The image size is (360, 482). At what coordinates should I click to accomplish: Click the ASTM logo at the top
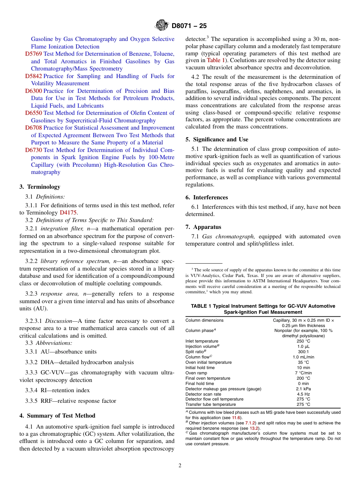(x=162, y=26)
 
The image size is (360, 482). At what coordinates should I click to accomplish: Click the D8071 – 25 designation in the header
(x=189, y=26)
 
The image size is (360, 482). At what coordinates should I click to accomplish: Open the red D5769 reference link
(x=33, y=54)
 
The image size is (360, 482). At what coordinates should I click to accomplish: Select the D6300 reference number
(x=33, y=91)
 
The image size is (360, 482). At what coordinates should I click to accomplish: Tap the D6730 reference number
(x=33, y=150)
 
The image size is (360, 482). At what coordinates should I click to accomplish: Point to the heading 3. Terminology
(x=40, y=186)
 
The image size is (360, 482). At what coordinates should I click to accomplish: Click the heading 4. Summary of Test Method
(x=57, y=416)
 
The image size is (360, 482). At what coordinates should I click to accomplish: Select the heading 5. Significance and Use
(x=217, y=139)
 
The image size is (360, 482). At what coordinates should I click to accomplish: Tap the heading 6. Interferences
(x=207, y=197)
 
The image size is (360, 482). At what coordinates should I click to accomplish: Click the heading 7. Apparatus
(x=203, y=227)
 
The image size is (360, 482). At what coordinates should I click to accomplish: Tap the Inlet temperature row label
(x=202, y=341)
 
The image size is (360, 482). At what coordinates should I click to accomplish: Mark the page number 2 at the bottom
(x=180, y=466)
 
